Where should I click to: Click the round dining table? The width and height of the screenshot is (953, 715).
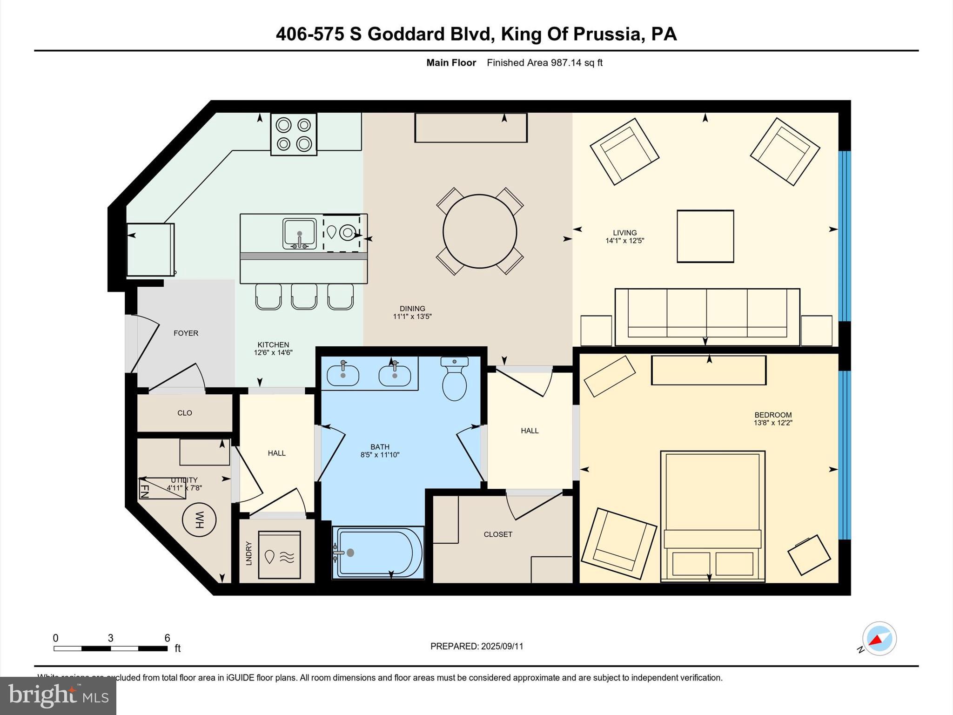(x=480, y=231)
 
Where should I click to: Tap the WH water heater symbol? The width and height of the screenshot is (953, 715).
(x=199, y=520)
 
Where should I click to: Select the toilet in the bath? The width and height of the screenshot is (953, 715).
(x=455, y=380)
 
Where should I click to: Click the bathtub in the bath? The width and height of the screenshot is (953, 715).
(x=378, y=553)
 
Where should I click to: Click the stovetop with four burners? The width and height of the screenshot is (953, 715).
(x=294, y=135)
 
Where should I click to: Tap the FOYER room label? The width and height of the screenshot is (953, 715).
(x=186, y=333)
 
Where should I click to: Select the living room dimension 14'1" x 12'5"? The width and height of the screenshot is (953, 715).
(x=624, y=241)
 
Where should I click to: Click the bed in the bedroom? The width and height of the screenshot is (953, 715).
(x=712, y=516)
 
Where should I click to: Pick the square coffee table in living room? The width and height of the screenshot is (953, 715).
(x=705, y=236)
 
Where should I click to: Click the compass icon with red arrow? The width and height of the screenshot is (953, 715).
(x=879, y=638)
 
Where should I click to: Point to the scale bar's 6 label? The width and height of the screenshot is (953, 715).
(x=167, y=638)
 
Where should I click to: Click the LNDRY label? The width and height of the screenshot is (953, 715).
(x=248, y=553)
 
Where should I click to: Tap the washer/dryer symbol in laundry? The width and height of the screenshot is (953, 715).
(x=279, y=555)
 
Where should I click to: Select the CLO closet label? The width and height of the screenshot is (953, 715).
(x=185, y=413)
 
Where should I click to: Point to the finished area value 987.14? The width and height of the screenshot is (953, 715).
(x=566, y=63)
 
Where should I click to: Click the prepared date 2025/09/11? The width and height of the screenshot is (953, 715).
(x=502, y=646)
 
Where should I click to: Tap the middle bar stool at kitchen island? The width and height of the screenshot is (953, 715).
(x=304, y=297)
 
